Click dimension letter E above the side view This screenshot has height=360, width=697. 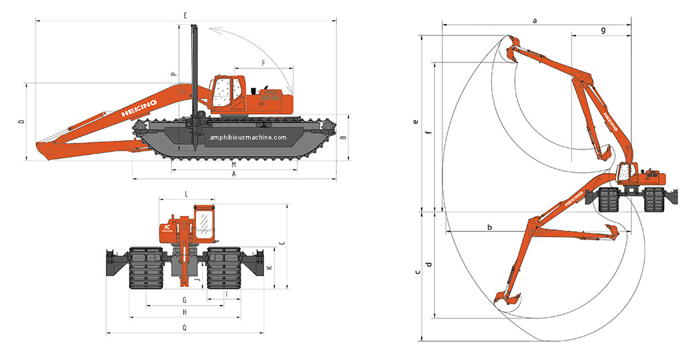[x=184, y=14]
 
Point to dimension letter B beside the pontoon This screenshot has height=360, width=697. [x=342, y=137]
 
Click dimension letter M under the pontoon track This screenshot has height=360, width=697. [x=233, y=164]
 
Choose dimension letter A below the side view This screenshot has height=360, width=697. [x=233, y=174]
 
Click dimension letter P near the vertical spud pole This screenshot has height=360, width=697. [x=173, y=75]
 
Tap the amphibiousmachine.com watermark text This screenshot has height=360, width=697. [x=248, y=138]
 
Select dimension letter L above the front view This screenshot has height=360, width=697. [x=186, y=193]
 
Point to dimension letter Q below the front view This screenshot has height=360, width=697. [x=184, y=327]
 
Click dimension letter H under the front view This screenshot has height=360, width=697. [x=184, y=312]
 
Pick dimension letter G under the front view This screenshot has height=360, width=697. [x=184, y=300]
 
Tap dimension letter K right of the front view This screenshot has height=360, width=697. [x=269, y=267]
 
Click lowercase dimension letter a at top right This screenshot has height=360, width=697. [x=535, y=21]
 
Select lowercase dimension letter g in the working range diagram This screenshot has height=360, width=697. [x=603, y=30]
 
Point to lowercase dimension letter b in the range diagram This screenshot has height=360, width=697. [x=490, y=227]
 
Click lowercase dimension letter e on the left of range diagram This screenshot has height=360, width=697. [x=416, y=122]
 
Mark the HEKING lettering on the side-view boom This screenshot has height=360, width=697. [x=139, y=108]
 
